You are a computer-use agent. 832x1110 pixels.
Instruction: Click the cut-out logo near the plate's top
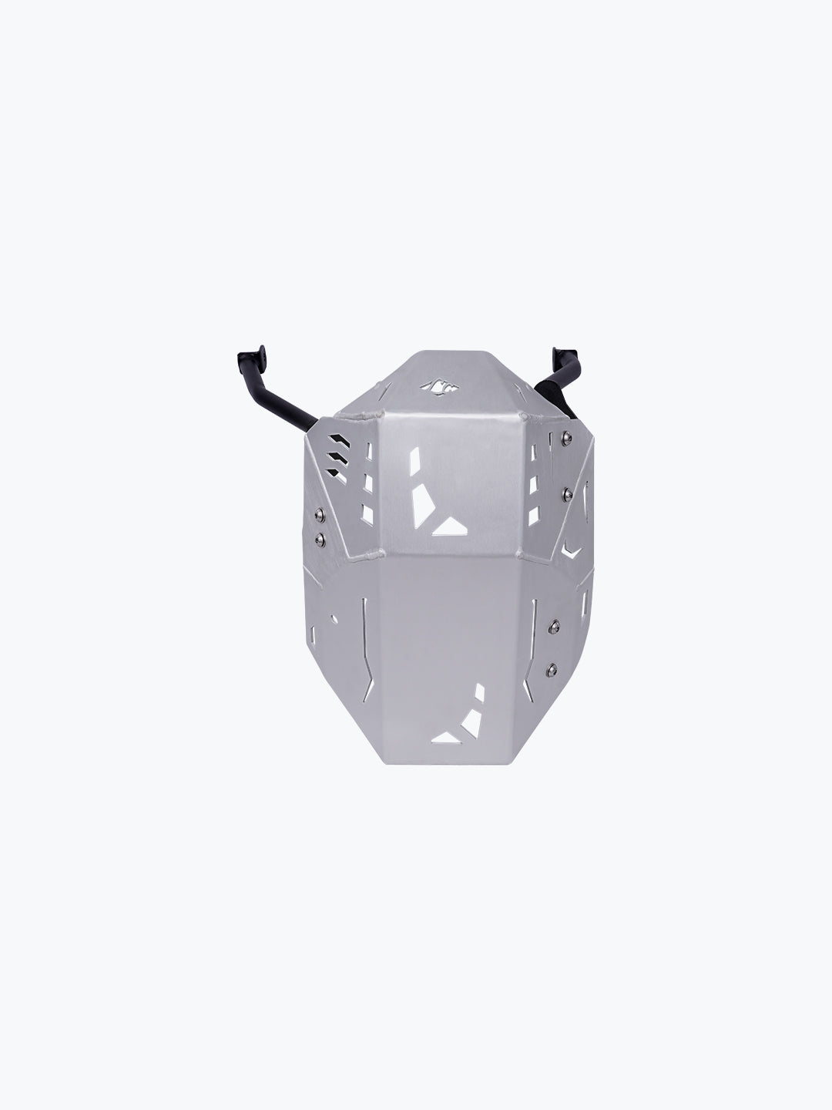click(x=433, y=387)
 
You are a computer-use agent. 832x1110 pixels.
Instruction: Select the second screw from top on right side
click(x=568, y=491)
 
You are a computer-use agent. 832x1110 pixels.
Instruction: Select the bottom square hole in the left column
click(x=367, y=513)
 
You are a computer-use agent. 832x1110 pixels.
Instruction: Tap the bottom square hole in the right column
click(x=532, y=512)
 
